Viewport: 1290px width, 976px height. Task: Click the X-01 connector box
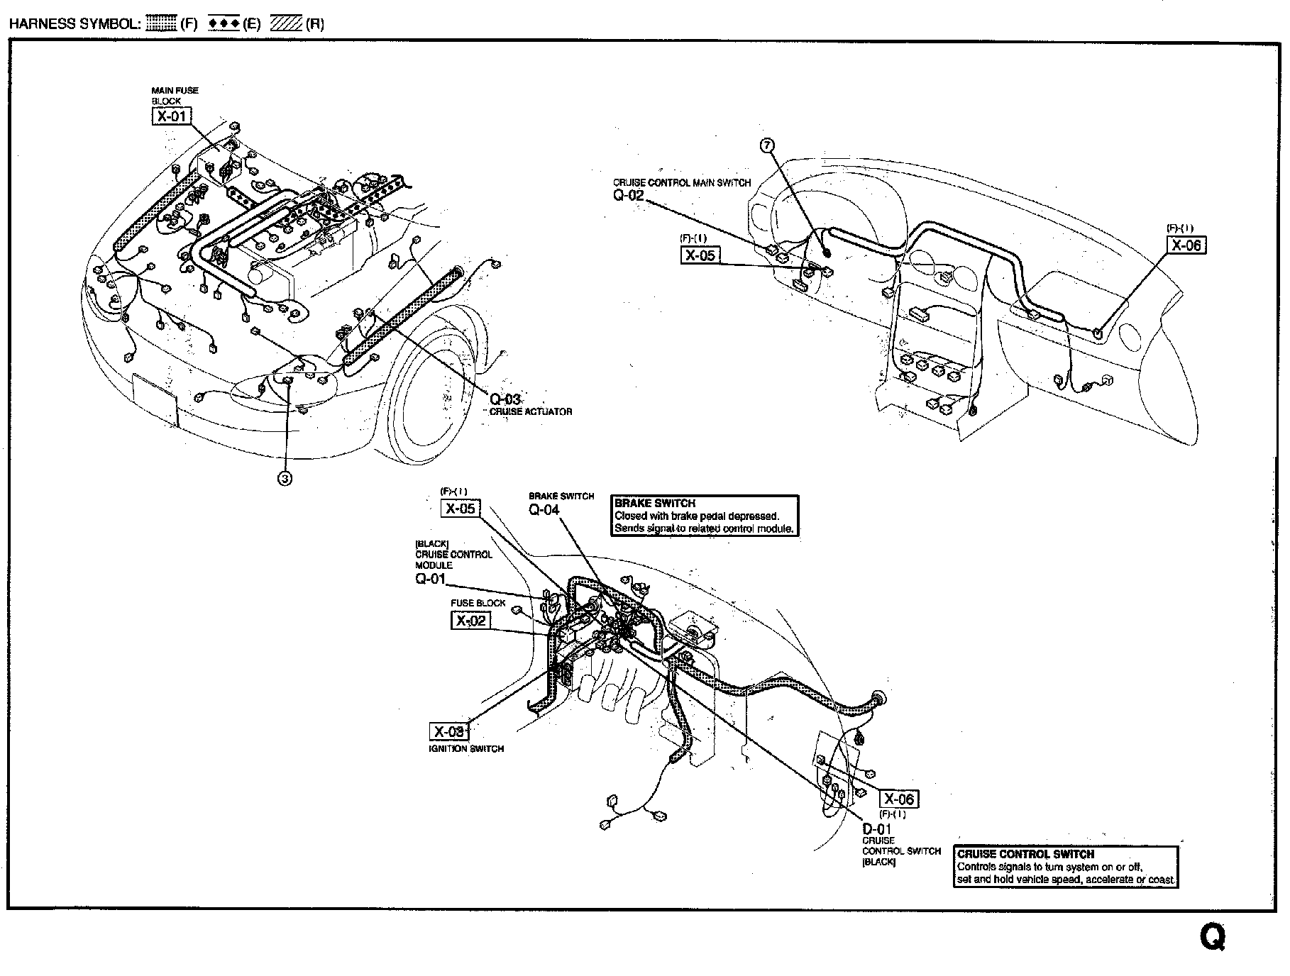coord(172,116)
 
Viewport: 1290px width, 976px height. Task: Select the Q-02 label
coord(628,196)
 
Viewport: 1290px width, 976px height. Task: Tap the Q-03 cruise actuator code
coord(505,399)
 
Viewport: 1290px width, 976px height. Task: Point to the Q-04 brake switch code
coord(544,509)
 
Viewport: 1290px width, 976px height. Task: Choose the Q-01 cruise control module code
coord(431,579)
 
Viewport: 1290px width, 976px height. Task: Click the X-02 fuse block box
coord(470,621)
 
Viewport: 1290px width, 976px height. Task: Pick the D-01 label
coord(877,828)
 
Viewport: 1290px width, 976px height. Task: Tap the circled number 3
coord(285,479)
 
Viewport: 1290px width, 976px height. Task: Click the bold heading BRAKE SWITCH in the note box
coord(654,503)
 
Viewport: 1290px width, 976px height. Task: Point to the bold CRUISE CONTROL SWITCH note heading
coord(1025,854)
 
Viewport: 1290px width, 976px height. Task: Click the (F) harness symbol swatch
coord(160,23)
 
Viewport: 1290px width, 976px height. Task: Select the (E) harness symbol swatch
coord(224,23)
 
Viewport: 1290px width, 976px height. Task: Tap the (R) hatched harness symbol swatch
coord(286,23)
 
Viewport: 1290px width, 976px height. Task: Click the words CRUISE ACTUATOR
coord(530,411)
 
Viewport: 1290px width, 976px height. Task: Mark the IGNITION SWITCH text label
coord(466,748)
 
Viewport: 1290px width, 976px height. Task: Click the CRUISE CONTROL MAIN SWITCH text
coord(681,182)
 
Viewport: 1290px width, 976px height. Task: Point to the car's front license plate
coord(154,399)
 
